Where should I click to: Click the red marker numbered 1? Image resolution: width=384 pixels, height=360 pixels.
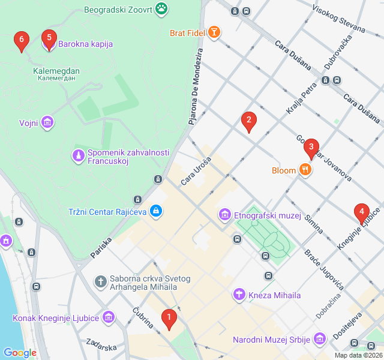pyautogui.click(x=169, y=318)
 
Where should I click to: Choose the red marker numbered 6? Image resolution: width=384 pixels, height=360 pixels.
pyautogui.click(x=22, y=41)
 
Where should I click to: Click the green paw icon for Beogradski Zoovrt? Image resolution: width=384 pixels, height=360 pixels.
pyautogui.click(x=161, y=8)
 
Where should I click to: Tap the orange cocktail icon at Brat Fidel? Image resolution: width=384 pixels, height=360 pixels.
pyautogui.click(x=214, y=32)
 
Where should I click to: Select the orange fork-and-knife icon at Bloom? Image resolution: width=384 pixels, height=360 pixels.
pyautogui.click(x=306, y=170)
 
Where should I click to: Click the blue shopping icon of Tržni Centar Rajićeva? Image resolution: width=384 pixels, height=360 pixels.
pyautogui.click(x=156, y=211)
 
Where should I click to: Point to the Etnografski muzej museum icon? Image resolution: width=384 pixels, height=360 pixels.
pyautogui.click(x=224, y=214)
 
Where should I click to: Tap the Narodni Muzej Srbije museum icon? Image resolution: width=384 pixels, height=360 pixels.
pyautogui.click(x=319, y=340)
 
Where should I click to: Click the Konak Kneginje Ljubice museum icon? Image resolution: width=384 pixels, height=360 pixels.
pyautogui.click(x=109, y=317)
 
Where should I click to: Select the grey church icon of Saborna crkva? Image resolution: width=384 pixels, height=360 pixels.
pyautogui.click(x=100, y=281)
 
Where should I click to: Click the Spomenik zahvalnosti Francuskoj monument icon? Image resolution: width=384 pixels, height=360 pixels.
pyautogui.click(x=78, y=155)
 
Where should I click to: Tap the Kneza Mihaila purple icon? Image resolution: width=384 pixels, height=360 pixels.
pyautogui.click(x=239, y=295)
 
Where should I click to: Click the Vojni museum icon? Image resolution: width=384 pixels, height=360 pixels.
pyautogui.click(x=47, y=123)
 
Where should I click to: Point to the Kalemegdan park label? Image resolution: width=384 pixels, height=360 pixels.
pyautogui.click(x=56, y=71)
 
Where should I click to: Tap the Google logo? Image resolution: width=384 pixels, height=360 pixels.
pyautogui.click(x=20, y=353)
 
